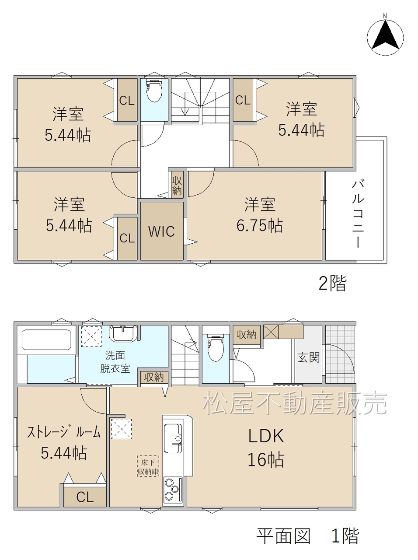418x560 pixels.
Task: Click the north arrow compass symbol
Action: tap(385, 37)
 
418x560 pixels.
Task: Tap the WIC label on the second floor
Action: tap(162, 231)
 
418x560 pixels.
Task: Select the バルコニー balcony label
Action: tap(358, 213)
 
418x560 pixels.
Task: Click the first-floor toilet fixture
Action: tap(216, 348)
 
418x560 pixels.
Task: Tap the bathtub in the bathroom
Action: tap(46, 339)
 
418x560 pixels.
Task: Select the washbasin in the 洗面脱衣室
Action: tap(123, 333)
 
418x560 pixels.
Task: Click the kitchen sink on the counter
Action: tap(173, 438)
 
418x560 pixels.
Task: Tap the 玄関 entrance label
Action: tap(309, 357)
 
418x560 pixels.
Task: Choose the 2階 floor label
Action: tap(332, 283)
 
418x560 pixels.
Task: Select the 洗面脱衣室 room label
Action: tap(115, 362)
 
